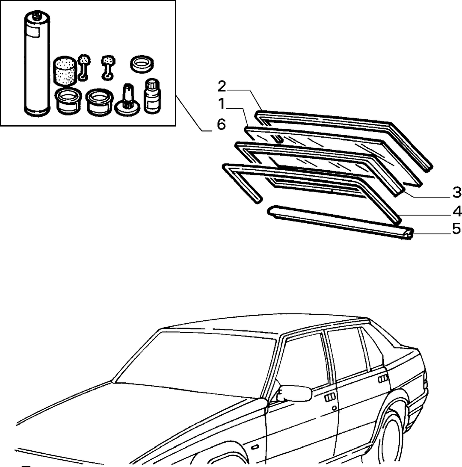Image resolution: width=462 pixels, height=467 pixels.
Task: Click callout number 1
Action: click(221, 104)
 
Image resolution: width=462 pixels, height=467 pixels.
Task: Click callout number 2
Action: click(222, 87)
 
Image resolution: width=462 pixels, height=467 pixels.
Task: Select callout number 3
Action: click(456, 192)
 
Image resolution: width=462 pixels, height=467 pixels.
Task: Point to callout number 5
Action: click(456, 229)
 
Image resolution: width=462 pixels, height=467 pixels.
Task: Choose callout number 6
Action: click(221, 124)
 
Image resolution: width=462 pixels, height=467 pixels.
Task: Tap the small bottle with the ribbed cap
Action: click(152, 96)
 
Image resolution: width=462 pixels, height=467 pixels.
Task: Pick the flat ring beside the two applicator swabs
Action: click(142, 64)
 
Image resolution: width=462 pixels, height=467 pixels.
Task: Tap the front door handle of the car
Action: click(330, 398)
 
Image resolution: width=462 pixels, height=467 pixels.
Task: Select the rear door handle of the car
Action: click(383, 379)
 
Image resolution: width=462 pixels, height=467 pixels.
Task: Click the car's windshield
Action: click(194, 365)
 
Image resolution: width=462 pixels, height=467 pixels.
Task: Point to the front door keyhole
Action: click(335, 408)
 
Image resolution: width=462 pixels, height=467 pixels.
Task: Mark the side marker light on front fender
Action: click(255, 447)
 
